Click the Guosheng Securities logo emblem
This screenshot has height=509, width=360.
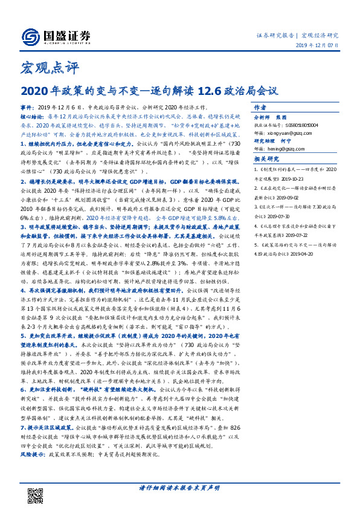tap(30, 35)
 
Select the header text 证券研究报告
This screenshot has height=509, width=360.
tap(275, 35)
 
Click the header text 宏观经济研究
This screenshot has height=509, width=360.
tap(320, 35)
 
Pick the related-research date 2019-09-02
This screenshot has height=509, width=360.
tap(292, 196)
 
